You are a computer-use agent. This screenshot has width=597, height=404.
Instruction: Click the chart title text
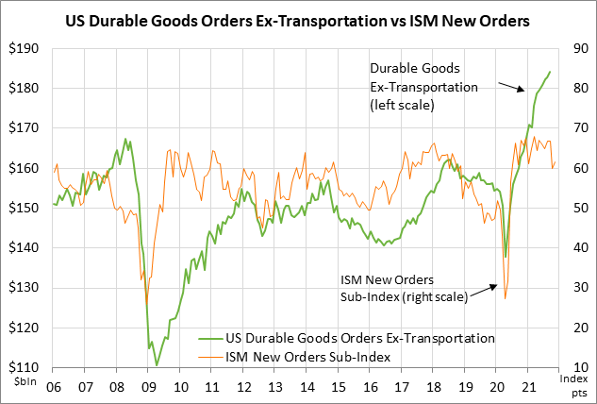[298, 20]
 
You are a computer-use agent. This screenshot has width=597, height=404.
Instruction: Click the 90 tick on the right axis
[574, 49]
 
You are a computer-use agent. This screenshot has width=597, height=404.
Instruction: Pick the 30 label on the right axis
[574, 288]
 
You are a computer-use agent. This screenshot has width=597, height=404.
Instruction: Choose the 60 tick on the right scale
[574, 168]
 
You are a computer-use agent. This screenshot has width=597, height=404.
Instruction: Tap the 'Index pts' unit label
[574, 385]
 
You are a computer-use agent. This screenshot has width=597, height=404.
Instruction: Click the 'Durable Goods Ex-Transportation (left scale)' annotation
[424, 88]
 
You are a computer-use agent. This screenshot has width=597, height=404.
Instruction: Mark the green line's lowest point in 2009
[157, 364]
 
